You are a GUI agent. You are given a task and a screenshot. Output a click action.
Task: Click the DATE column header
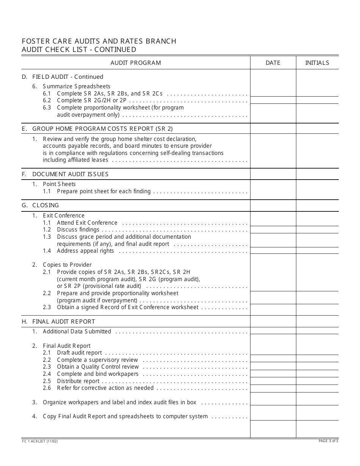(273, 63)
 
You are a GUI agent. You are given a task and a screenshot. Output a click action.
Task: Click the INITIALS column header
(317, 63)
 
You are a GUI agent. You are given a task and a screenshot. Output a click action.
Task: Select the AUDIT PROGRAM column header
(136, 63)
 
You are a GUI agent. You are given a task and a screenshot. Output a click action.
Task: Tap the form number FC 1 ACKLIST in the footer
(40, 441)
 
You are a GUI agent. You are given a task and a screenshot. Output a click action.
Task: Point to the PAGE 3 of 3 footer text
(328, 441)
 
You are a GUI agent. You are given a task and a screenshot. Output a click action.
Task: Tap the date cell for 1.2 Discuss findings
(273, 230)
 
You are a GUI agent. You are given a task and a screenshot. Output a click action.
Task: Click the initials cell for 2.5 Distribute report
(317, 381)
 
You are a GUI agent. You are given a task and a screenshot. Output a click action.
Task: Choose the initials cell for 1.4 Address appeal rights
(317, 250)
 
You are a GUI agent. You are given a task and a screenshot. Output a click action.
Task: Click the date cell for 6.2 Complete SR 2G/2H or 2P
(273, 100)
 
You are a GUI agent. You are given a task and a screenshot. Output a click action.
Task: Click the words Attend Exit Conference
(87, 223)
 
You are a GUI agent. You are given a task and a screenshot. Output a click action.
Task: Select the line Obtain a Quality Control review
(98, 367)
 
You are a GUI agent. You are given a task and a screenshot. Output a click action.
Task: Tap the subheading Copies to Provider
(67, 265)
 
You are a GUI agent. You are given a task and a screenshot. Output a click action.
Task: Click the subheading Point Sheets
(59, 184)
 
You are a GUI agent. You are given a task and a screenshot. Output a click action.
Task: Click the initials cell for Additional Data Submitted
(317, 331)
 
